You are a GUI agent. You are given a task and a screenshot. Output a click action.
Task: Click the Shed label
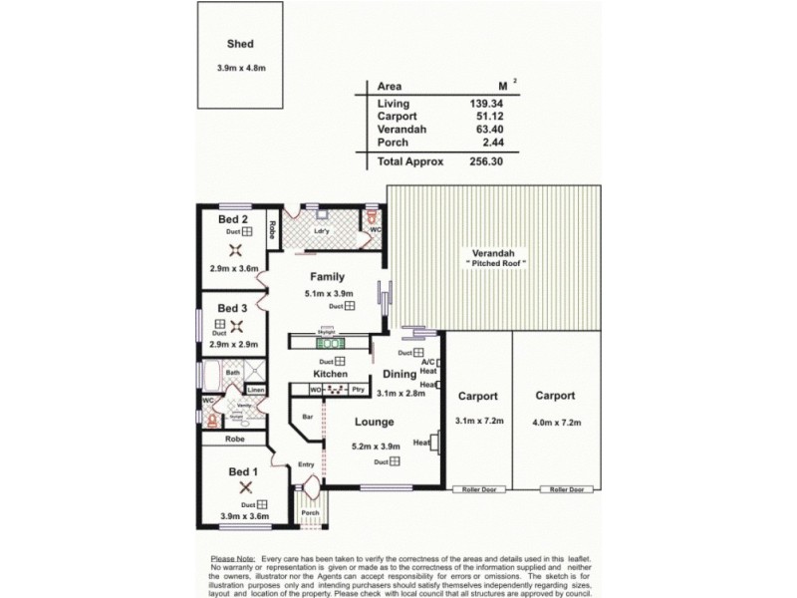240,44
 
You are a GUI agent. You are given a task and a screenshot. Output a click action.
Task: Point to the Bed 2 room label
233,217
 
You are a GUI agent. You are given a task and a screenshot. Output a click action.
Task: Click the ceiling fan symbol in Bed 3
236,325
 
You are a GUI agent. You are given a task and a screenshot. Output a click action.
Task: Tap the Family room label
327,277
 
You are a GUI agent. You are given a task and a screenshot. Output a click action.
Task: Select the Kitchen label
329,374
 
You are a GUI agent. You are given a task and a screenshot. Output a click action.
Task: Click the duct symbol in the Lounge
395,461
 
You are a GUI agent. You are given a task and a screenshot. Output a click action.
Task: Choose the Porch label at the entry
312,514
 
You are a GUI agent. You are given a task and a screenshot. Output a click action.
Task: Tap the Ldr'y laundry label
321,233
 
